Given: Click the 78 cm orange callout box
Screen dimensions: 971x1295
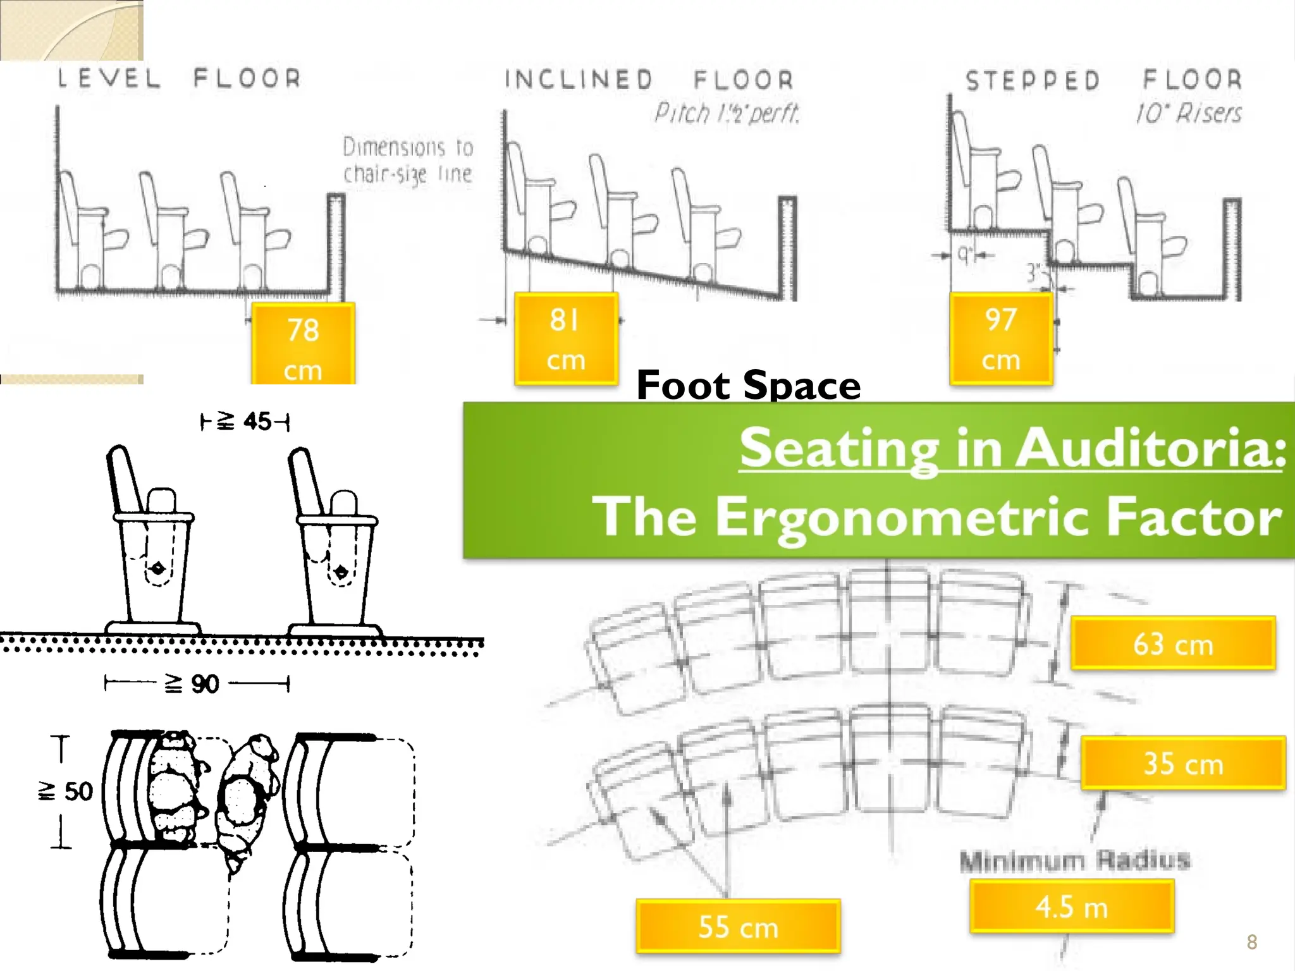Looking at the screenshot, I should (303, 345).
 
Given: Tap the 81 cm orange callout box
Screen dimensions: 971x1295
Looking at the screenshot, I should (566, 339).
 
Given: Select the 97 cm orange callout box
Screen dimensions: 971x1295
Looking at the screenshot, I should (1001, 339).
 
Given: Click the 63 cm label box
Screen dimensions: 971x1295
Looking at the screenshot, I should (1173, 644).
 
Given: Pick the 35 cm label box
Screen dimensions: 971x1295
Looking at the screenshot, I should (1182, 763).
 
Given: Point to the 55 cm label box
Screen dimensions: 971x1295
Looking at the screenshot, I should (738, 926).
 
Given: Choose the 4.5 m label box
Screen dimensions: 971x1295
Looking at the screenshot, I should (1072, 907).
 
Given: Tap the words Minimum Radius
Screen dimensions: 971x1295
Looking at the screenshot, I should (1074, 860).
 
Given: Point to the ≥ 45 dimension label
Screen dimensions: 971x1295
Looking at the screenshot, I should (244, 421).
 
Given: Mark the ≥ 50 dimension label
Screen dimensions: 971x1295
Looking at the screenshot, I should (66, 791).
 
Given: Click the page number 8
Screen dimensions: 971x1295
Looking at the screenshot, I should (1251, 942).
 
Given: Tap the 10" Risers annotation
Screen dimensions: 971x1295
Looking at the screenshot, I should (1188, 114).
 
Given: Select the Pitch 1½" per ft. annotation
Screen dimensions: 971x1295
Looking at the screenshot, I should (727, 114).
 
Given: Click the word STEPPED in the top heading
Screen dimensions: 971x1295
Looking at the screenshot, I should (1033, 80).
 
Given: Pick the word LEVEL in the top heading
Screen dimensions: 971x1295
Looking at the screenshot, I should (109, 78).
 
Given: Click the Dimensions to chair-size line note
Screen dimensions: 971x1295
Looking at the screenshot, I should (408, 161).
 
